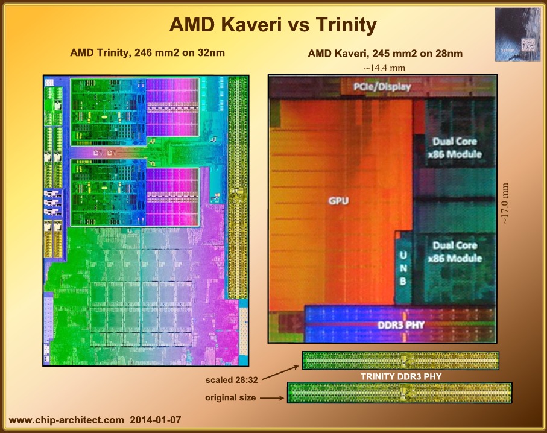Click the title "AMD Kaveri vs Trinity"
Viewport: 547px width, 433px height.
[x=273, y=25]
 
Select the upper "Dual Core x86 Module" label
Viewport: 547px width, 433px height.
[x=455, y=148]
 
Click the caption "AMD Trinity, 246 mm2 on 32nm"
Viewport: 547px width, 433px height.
[x=148, y=52]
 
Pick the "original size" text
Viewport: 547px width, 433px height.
[x=231, y=397]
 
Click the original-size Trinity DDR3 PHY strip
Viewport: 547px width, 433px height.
[x=400, y=393]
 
